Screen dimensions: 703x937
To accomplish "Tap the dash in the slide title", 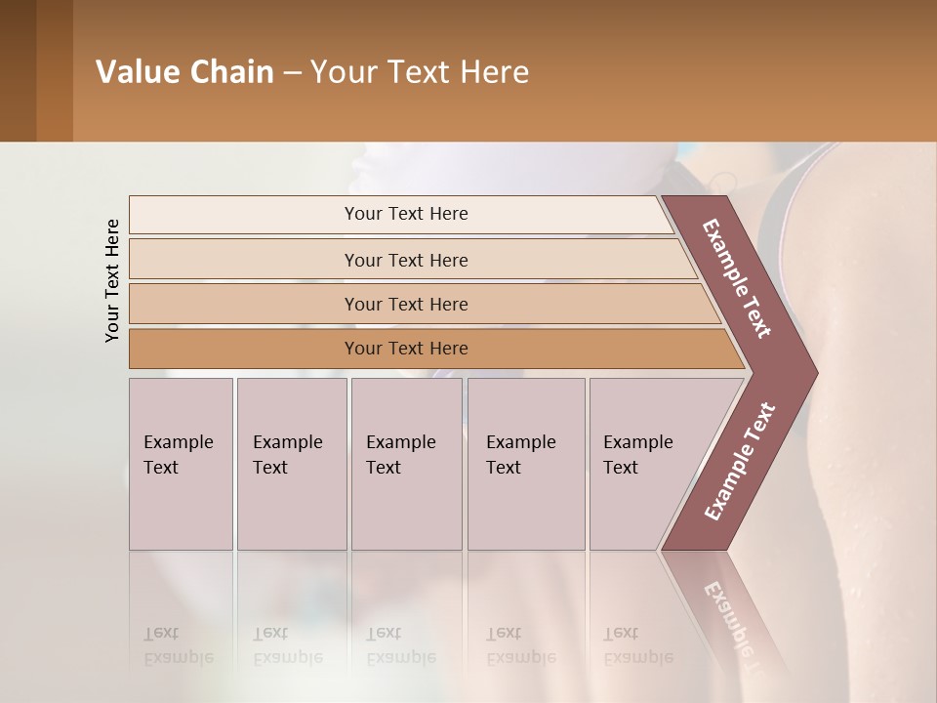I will pos(292,73).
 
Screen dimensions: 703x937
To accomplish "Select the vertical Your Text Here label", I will pos(112,280).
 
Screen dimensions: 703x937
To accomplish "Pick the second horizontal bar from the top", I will pos(406,260).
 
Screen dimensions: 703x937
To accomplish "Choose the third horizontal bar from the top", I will pos(406,304).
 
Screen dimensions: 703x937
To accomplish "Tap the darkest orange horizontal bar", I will pos(406,349).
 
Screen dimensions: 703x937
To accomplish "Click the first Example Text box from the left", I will pos(181,463).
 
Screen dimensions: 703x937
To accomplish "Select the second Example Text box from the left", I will pos(291,463).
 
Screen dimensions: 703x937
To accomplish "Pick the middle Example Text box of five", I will pos(406,463).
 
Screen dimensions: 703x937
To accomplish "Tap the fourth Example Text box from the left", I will pos(525,463).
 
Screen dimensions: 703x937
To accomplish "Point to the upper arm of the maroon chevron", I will pos(737,278).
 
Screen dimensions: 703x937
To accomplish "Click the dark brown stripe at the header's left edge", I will pos(18,70).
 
